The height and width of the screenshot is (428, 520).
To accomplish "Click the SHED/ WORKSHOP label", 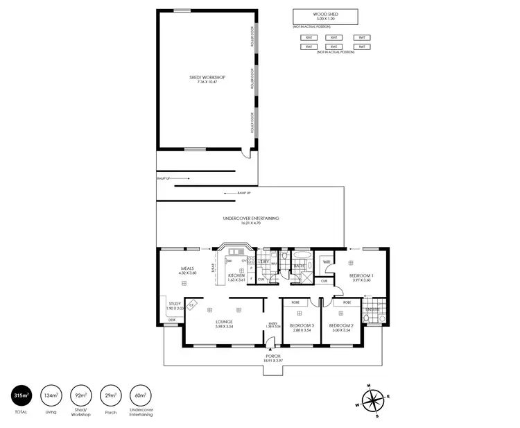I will (x=207, y=77).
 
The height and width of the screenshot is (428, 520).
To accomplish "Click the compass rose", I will (x=373, y=402).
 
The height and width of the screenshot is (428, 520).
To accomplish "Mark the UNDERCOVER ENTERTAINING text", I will (x=250, y=219).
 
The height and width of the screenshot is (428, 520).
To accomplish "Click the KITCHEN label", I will (x=236, y=276).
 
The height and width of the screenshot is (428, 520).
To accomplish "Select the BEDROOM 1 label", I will (x=363, y=276).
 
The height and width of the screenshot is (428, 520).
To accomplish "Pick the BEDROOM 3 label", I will (x=302, y=326).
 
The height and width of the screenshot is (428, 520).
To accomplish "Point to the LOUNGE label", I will (x=223, y=322).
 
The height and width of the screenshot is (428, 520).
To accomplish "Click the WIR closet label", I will (x=326, y=262).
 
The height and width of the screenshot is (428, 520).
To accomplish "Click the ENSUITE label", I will (x=373, y=309).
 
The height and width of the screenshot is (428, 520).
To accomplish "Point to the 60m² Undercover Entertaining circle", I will (x=141, y=396).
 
